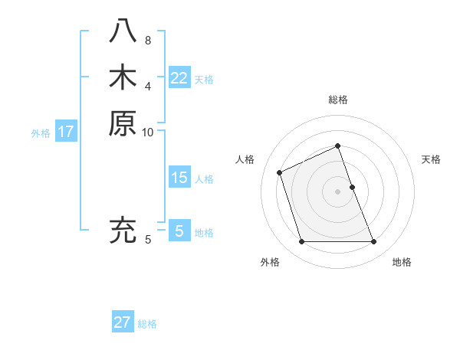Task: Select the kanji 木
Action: pos(123,77)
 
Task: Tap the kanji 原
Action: pos(123,123)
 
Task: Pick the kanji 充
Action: pos(123,230)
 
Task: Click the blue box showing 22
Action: pos(179,78)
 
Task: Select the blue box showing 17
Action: pos(66,132)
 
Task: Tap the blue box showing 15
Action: pos(179,178)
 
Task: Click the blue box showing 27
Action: pos(123,322)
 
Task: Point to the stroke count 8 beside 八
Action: pos(148,40)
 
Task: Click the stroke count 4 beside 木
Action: pos(148,86)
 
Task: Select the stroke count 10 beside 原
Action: pos(148,132)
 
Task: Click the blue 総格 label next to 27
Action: pos(147,324)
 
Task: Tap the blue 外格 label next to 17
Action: pos(41,133)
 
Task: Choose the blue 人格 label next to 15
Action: pos(204,179)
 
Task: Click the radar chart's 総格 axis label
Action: pos(338,100)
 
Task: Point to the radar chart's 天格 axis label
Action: pos(432,159)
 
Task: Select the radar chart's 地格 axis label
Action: pos(402,262)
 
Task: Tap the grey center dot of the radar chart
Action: pos(338,191)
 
